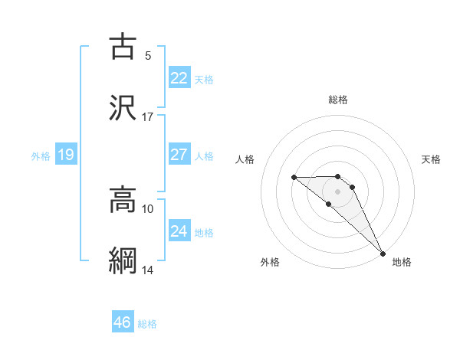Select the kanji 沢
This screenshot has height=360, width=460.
tap(123, 106)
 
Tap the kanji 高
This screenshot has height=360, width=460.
tap(123, 200)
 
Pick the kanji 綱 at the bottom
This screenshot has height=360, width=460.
tap(123, 260)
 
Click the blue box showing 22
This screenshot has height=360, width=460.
tap(179, 78)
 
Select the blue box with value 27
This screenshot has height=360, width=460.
tap(179, 155)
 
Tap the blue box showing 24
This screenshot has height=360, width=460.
tap(179, 231)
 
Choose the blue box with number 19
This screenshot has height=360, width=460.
tap(66, 155)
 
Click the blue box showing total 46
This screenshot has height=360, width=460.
tap(123, 322)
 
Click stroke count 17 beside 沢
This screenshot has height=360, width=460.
tap(148, 116)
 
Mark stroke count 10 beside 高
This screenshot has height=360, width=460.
tap(148, 208)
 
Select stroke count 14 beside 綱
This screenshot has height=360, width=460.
tap(148, 270)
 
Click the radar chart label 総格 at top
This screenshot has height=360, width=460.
tap(338, 100)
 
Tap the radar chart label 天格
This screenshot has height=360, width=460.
tap(431, 159)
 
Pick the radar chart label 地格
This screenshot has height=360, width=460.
tap(402, 262)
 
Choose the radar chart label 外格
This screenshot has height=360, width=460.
tap(270, 262)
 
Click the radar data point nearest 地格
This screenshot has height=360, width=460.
tap(383, 253)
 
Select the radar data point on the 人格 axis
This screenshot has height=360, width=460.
tap(294, 178)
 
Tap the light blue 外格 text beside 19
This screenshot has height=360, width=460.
tap(41, 156)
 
